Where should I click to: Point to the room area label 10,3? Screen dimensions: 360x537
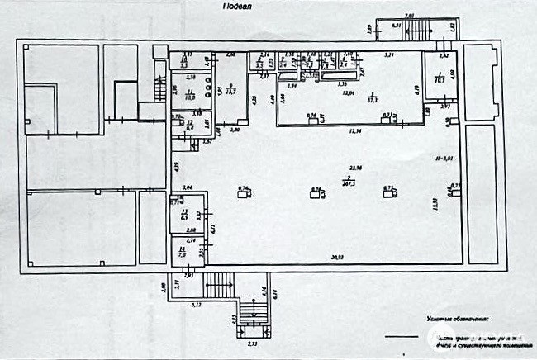coord(440,80)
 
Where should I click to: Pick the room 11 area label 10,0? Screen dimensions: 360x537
coord(189,97)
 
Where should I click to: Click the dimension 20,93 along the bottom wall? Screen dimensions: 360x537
coord(339,259)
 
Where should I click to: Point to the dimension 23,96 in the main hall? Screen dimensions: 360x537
coord(355,168)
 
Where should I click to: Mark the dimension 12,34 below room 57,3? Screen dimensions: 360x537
coord(356,131)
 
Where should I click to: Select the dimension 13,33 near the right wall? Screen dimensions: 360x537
coord(435,202)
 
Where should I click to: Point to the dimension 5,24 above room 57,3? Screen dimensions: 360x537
coord(390,54)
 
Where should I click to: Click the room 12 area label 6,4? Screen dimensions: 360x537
coord(189,127)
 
